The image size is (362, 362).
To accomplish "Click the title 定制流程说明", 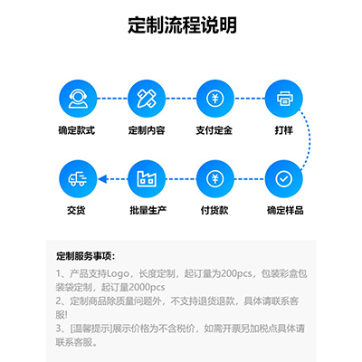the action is tap(182, 25).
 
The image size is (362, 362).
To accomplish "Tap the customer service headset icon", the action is tap(78, 99).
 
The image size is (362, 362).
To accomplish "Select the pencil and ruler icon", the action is tap(147, 99).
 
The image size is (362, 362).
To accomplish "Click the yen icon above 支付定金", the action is tap(215, 99).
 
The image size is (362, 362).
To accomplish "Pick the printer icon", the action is tap(284, 99).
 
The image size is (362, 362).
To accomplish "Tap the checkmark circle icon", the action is tap(284, 179).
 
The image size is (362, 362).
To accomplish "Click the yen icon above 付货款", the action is tap(215, 179).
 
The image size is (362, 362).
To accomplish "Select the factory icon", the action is tap(147, 179).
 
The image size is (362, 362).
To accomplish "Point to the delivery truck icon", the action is tap(78, 179).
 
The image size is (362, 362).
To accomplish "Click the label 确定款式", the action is tap(77, 130).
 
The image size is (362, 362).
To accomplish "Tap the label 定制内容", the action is tap(147, 130).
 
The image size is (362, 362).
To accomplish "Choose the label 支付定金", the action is tap(214, 130).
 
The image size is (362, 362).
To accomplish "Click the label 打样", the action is tap(284, 130).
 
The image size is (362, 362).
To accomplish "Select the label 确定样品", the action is tap(285, 210).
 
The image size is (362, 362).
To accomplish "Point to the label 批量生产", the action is tap(148, 210).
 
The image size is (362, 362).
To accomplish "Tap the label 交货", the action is tap(76, 210).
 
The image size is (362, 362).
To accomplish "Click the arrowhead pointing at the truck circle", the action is tap(102, 179).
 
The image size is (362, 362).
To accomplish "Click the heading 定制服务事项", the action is tap(85, 256).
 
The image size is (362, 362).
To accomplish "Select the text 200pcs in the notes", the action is tap(236, 273).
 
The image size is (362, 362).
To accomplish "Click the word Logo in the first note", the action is tap(118, 274).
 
